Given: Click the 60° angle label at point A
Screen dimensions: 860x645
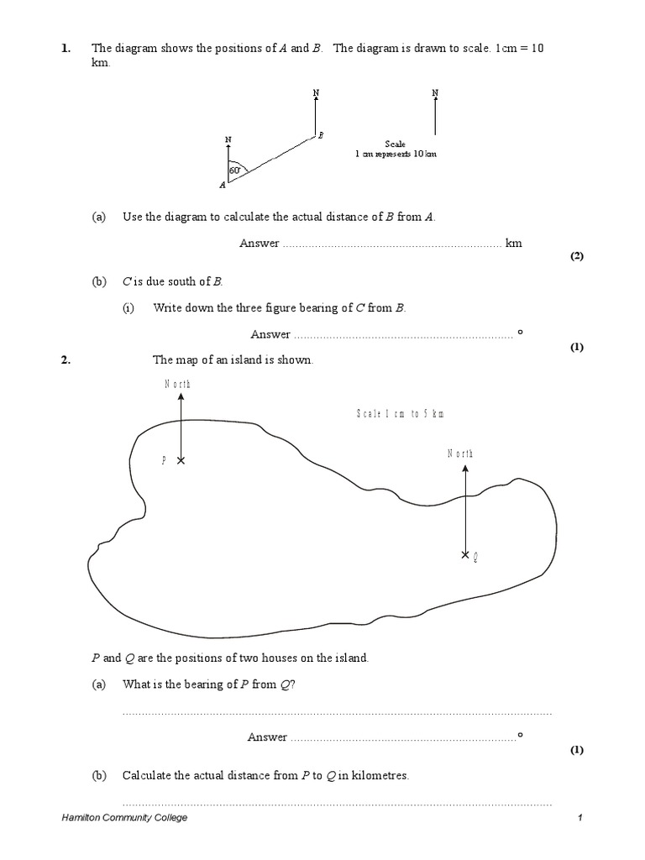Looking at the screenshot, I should point(234,170).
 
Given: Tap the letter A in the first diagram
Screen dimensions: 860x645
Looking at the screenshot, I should point(223,184).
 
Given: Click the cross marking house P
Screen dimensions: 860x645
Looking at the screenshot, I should point(181,460).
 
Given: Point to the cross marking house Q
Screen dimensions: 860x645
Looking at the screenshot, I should point(465,555).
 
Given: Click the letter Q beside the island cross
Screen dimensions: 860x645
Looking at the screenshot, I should point(475,556).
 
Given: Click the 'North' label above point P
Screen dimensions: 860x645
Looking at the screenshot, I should point(177,384).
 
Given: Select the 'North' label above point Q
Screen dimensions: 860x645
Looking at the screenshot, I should point(460,454).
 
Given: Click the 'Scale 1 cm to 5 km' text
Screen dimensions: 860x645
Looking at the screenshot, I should point(400,414).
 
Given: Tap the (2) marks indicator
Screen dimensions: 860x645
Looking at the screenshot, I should point(576,257).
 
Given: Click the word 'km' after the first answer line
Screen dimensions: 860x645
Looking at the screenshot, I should point(513,244).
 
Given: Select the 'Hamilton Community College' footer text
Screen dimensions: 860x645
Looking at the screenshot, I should point(124,818).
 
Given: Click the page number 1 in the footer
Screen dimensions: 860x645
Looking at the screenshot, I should point(579,818).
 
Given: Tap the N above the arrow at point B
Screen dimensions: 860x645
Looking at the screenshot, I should point(315,92).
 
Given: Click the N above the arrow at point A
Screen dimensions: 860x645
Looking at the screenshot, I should point(228,139).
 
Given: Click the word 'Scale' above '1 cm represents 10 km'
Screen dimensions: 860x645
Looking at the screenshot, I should point(395,144).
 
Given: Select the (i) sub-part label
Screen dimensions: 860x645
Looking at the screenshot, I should point(128,308).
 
